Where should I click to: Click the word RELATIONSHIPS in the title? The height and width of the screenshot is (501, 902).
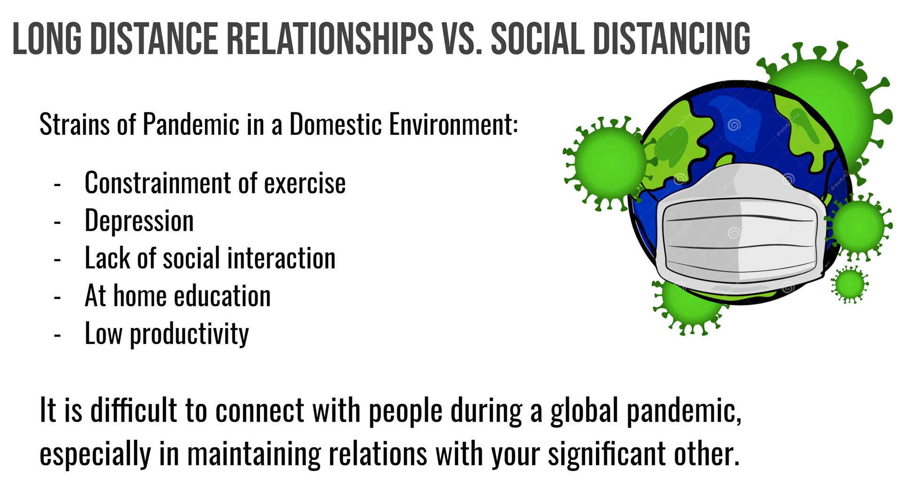330,39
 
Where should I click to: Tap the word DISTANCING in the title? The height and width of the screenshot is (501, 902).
672,39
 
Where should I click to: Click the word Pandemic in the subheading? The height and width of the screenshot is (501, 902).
191,124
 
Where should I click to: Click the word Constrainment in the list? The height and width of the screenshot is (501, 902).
158,183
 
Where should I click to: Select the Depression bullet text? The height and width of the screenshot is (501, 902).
139,221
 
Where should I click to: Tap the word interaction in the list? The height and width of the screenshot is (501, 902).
281,258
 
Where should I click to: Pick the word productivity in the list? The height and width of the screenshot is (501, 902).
189,334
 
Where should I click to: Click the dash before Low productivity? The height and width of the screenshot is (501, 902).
57,336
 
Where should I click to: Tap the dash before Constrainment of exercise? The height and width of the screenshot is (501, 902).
57,185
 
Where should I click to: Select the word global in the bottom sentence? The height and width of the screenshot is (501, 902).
584,410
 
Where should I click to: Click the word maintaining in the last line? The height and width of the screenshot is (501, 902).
254,454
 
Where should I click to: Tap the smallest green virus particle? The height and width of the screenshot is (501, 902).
849,284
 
